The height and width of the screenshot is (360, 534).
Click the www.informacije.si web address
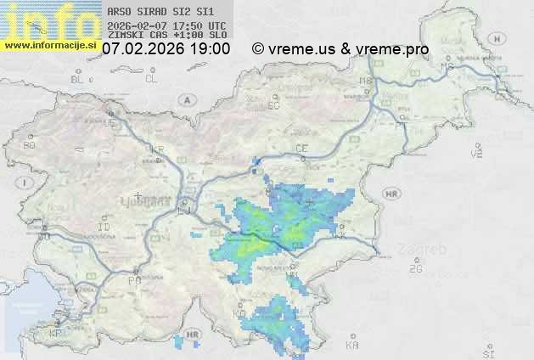coord(49,45)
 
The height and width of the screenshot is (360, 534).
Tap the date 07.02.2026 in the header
coord(143,49)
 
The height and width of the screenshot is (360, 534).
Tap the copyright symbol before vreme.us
coord(258,49)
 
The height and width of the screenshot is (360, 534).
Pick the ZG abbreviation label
coord(415,269)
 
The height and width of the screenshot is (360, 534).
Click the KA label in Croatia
coord(352,346)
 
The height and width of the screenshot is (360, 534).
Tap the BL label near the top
coord(79,79)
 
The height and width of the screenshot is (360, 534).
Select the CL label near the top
coord(151,79)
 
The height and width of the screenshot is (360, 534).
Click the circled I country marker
coord(27,183)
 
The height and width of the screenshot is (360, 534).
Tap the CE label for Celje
coord(301,149)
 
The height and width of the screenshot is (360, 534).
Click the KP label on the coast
coord(57,333)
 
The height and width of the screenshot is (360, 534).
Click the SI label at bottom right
coord(487,352)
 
